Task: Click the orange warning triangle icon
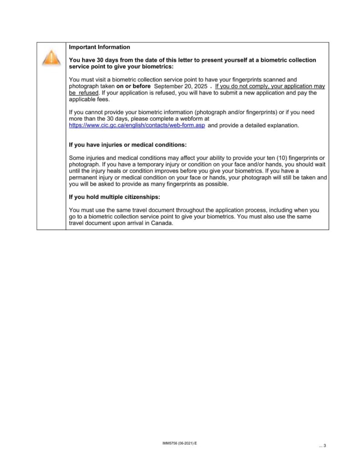tap(51, 58)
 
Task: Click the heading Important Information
tap(99, 47)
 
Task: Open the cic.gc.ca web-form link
tap(137, 125)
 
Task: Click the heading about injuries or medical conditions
tap(127, 145)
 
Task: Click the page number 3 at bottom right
tap(325, 446)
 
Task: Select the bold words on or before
tap(133, 86)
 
